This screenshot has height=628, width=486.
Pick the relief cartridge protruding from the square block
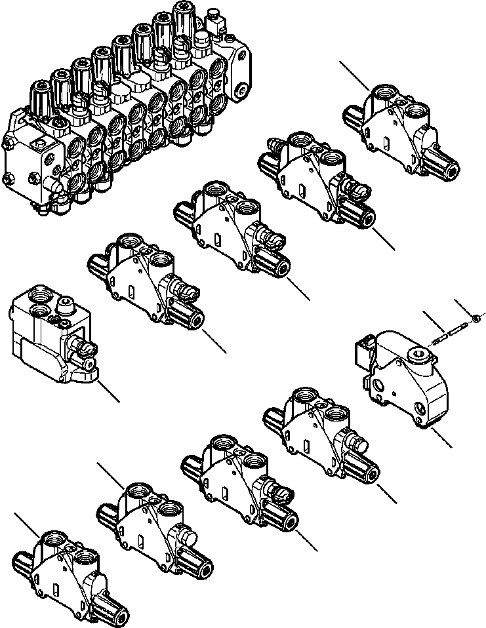click(83, 350)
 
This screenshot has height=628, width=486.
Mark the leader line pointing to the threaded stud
click(435, 323)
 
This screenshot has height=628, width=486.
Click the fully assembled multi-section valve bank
click(125, 111)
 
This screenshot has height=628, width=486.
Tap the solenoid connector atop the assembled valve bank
click(216, 26)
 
